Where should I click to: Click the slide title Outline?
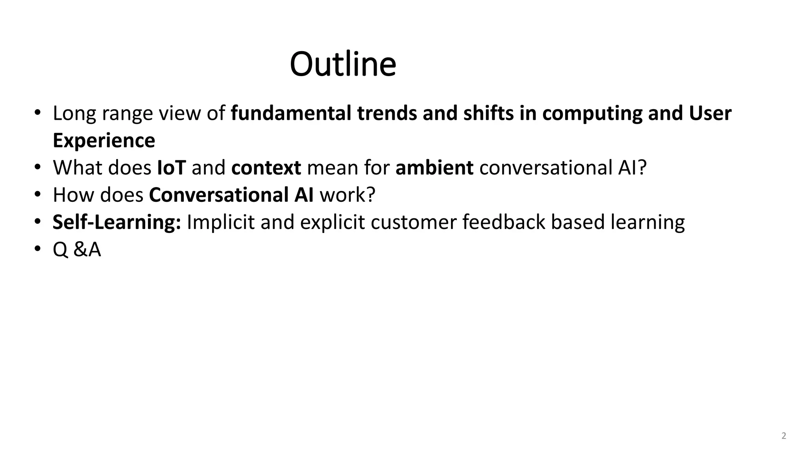pyautogui.click(x=343, y=64)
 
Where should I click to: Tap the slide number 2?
pyautogui.click(x=784, y=436)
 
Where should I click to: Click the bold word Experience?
pyautogui.click(x=104, y=140)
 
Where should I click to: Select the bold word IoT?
pyautogui.click(x=171, y=167)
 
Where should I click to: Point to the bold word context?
pyautogui.click(x=266, y=167)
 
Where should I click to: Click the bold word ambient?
pyautogui.click(x=434, y=167)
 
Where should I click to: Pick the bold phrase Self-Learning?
pyautogui.click(x=117, y=222)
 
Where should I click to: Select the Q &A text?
pyautogui.click(x=77, y=249)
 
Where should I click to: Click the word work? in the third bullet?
pyautogui.click(x=348, y=195)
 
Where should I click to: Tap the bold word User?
pyautogui.click(x=710, y=113)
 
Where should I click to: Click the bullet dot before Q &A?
pyautogui.click(x=37, y=249)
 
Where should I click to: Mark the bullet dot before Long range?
pyautogui.click(x=37, y=113)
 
